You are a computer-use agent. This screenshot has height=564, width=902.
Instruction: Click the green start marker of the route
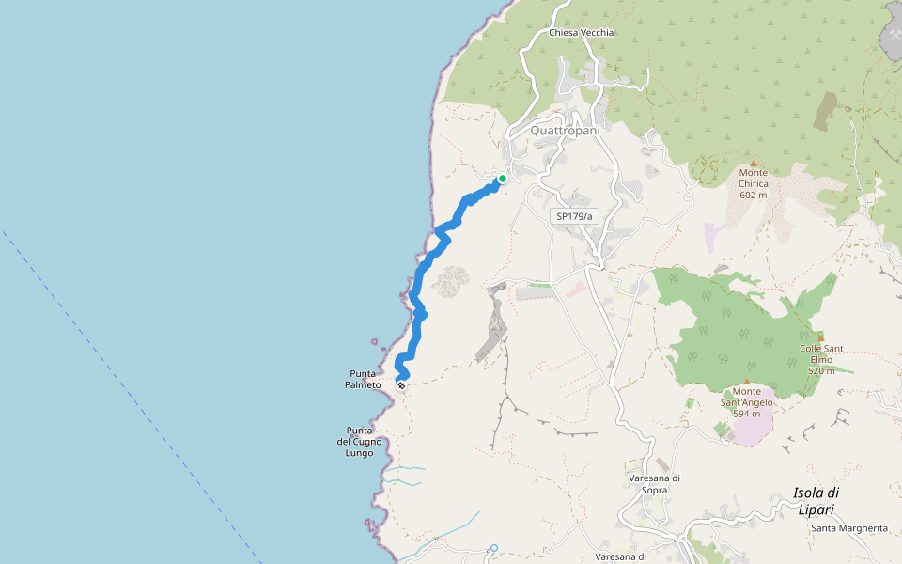[503, 179]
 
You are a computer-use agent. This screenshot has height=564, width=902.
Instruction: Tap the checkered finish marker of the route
[401, 385]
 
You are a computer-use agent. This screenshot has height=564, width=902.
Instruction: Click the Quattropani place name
[565, 131]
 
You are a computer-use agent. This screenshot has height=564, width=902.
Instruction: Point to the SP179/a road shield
[574, 216]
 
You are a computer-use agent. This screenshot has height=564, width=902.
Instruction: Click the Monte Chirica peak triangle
[753, 162]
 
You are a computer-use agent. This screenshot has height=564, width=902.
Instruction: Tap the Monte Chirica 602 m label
[754, 183]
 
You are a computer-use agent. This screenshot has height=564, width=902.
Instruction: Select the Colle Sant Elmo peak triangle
[821, 337]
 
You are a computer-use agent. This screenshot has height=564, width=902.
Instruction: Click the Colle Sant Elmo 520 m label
[821, 359]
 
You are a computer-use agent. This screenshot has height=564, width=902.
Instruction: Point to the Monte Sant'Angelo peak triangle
[747, 382]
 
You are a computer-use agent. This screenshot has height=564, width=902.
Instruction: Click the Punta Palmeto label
[363, 379]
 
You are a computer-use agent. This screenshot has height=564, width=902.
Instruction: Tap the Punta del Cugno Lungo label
[359, 442]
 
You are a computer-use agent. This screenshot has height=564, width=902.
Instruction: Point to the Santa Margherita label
[849, 528]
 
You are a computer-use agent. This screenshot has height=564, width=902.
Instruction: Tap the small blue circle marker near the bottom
[493, 548]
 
